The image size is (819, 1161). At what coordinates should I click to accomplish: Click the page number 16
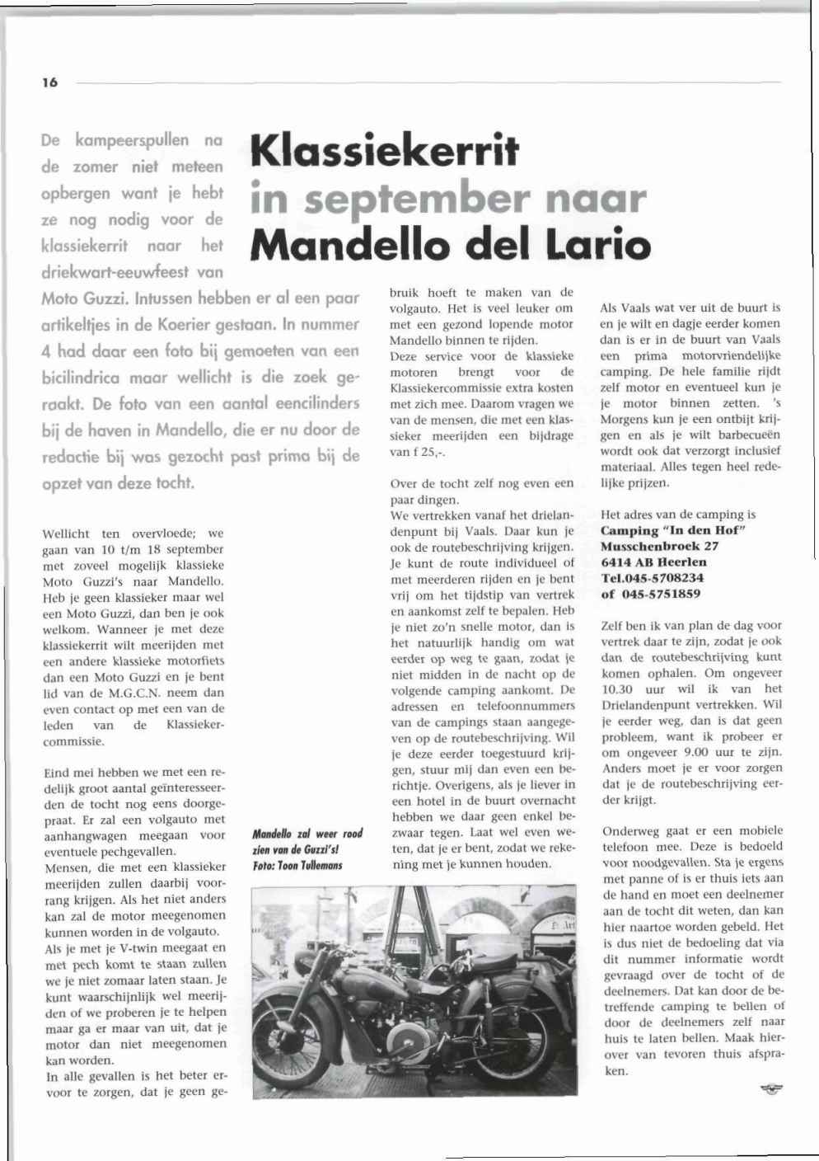pos(50,82)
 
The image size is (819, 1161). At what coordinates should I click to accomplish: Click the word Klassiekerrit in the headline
pos(385,150)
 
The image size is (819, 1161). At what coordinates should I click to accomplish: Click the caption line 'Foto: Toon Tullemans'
pos(297,865)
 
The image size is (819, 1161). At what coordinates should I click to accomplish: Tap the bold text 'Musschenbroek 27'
pos(659,546)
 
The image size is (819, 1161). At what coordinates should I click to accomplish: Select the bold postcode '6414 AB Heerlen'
pos(653,562)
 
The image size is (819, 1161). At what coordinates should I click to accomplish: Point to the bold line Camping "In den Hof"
pos(673,530)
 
